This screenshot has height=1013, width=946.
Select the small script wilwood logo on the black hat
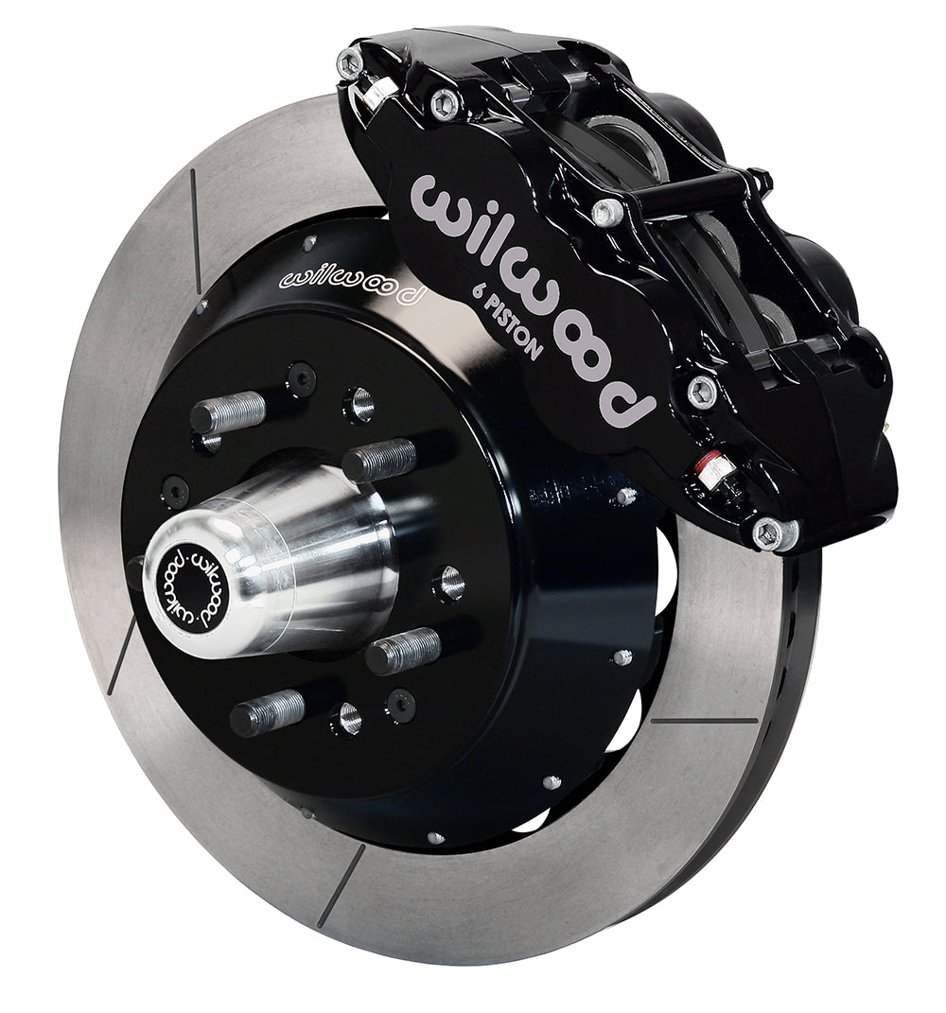pyautogui.click(x=350, y=285)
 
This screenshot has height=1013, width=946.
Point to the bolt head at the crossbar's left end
pyautogui.click(x=608, y=210)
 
